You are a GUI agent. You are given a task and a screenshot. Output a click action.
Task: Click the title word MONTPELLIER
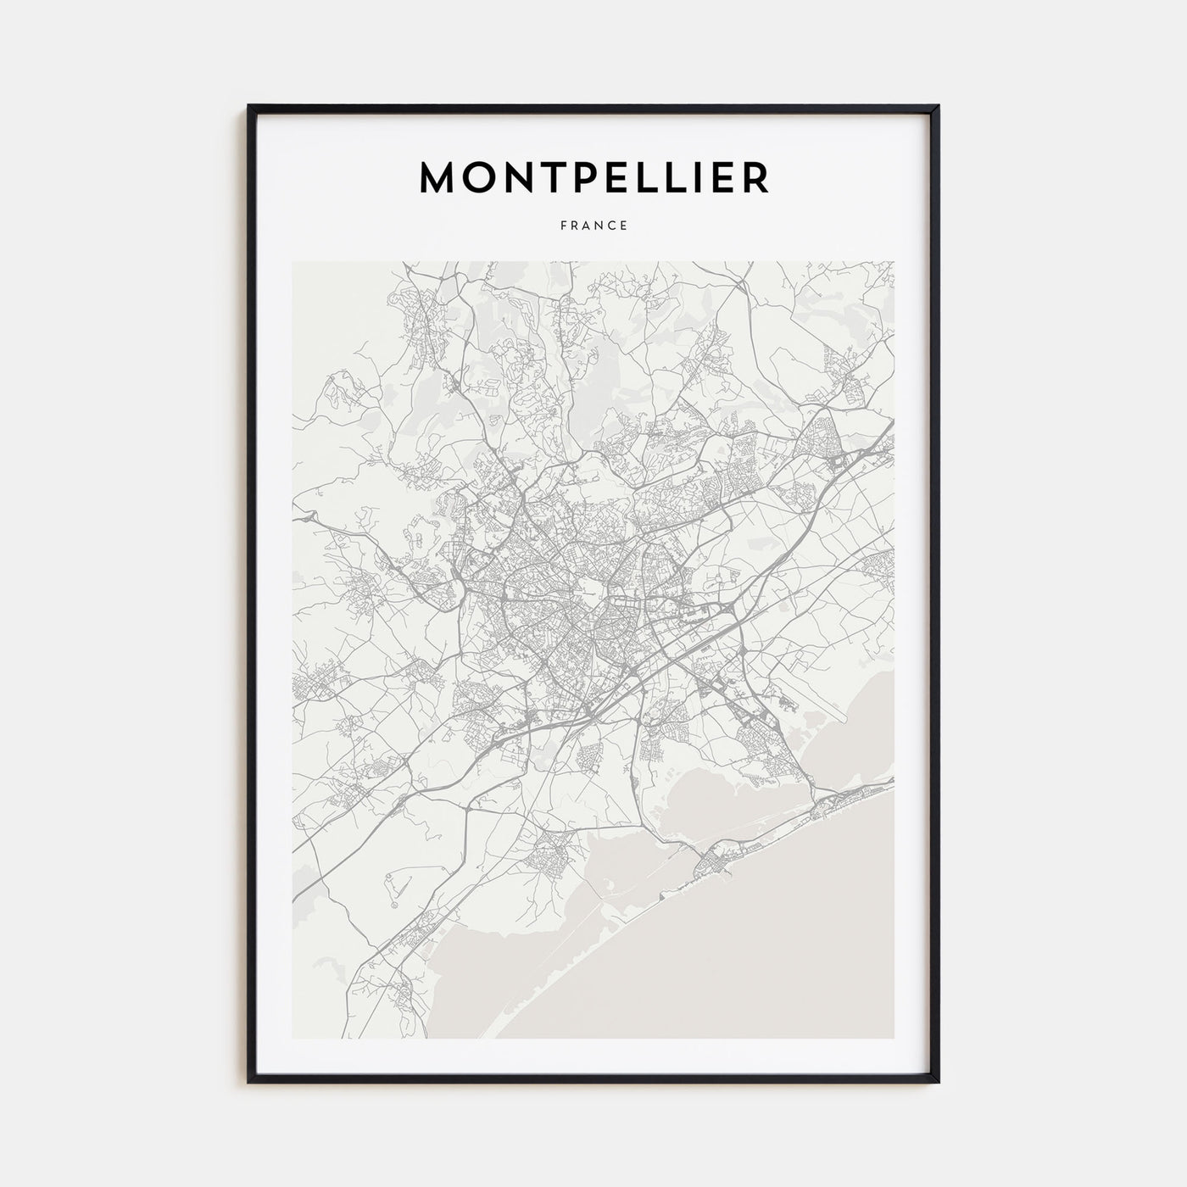click(x=593, y=176)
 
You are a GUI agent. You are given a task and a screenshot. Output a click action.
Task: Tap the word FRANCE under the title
click(x=593, y=226)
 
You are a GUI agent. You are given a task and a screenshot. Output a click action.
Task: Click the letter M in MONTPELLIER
click(x=439, y=176)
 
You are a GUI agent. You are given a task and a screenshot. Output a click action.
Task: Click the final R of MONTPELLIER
click(x=755, y=176)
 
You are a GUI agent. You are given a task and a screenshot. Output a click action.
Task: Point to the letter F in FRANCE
click(x=563, y=226)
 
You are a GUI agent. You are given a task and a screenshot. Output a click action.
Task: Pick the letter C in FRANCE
click(x=612, y=226)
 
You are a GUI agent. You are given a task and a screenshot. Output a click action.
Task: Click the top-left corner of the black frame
click(x=249, y=106)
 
